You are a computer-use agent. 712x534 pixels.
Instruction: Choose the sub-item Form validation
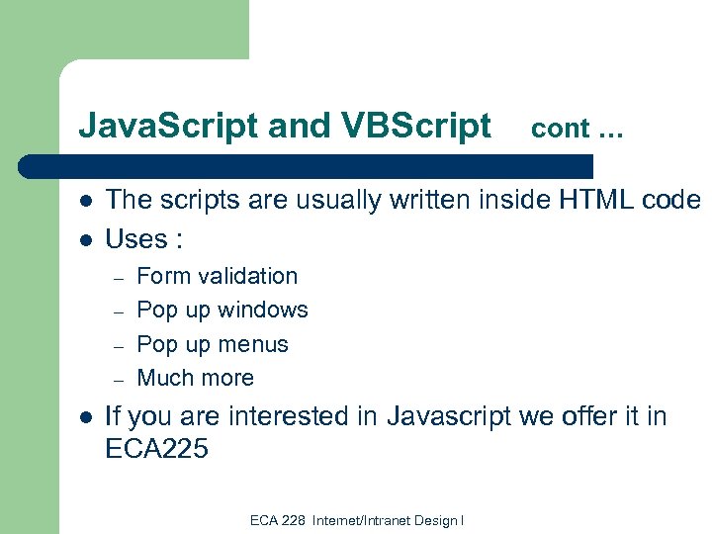click(x=217, y=276)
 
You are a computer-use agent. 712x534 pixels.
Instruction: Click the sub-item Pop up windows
click(x=222, y=310)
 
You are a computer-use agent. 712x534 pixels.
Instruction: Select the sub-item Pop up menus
click(x=213, y=344)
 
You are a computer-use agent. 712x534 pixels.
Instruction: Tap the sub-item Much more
click(x=195, y=378)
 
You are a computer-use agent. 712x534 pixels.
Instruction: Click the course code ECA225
click(x=156, y=449)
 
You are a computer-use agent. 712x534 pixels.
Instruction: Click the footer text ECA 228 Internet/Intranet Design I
click(x=357, y=520)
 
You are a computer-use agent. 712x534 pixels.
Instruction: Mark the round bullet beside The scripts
click(x=86, y=201)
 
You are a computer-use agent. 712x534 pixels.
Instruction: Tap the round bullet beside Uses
click(x=86, y=239)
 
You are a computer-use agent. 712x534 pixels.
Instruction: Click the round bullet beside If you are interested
click(x=86, y=417)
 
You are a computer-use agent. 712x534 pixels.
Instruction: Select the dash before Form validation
click(x=117, y=278)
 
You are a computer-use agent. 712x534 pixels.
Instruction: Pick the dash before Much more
click(x=117, y=380)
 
